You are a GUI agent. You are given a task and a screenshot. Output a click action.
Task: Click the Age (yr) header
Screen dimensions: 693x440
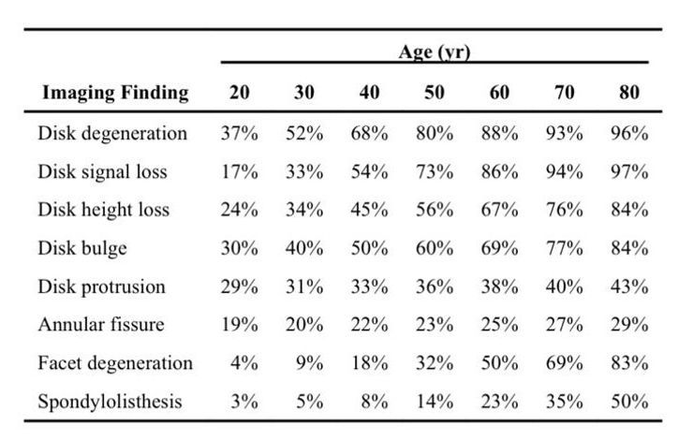pyautogui.click(x=435, y=52)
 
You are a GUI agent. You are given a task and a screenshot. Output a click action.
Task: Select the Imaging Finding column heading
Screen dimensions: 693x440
pyautogui.click(x=115, y=93)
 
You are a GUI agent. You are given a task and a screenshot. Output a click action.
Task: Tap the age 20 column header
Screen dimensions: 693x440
pyautogui.click(x=240, y=93)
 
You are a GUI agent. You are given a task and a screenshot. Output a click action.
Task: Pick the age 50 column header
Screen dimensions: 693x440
pyautogui.click(x=435, y=93)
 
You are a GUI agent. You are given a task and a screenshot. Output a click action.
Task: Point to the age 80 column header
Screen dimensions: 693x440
pyautogui.click(x=629, y=93)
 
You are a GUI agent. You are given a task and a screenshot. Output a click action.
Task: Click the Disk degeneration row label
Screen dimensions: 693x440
pyautogui.click(x=112, y=134)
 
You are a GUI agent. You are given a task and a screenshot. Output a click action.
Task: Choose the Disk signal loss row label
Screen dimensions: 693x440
pyautogui.click(x=102, y=172)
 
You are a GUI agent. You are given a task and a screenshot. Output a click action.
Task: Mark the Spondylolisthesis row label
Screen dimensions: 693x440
pyautogui.click(x=111, y=402)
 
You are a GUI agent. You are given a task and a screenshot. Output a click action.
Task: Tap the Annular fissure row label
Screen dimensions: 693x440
pyautogui.click(x=101, y=325)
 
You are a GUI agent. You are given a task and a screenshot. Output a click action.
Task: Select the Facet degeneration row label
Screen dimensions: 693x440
pyautogui.click(x=115, y=363)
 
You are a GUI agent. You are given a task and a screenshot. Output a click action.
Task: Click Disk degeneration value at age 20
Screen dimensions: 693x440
pyautogui.click(x=240, y=134)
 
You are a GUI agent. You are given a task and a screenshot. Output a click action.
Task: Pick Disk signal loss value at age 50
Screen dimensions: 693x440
pyautogui.click(x=435, y=172)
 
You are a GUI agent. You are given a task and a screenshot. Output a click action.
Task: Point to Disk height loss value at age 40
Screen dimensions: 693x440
pyautogui.click(x=370, y=210)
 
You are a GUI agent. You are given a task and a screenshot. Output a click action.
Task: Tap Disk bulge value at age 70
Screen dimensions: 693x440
pyautogui.click(x=565, y=248)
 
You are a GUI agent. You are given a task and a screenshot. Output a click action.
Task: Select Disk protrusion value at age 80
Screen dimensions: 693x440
pyautogui.click(x=629, y=286)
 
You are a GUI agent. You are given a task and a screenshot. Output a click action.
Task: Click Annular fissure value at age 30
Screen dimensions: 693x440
pyautogui.click(x=304, y=325)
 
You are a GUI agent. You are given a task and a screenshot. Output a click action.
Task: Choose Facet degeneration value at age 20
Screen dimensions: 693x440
pyautogui.click(x=244, y=363)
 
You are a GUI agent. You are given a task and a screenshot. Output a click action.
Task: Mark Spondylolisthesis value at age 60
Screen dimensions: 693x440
pyautogui.click(x=499, y=402)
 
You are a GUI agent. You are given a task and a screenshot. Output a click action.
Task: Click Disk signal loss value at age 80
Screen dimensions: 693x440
pyautogui.click(x=629, y=172)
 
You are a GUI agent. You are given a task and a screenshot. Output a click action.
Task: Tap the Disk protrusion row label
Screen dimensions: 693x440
pyautogui.click(x=102, y=286)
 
